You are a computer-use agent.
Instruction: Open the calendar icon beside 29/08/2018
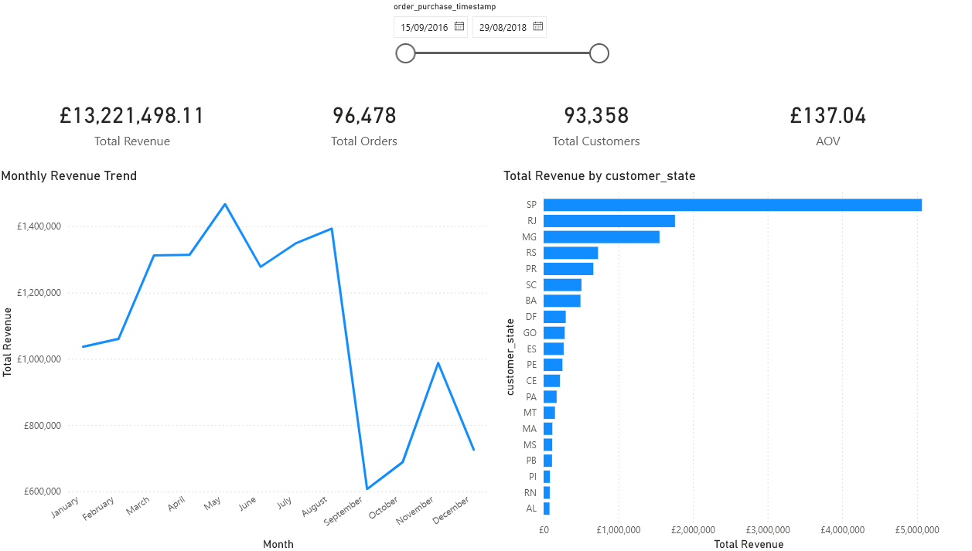pyautogui.click(x=538, y=27)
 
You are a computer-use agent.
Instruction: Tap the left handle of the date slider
pyautogui.click(x=405, y=53)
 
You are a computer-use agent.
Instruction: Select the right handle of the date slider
pyautogui.click(x=599, y=53)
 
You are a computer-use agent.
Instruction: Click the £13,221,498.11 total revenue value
pyautogui.click(x=131, y=116)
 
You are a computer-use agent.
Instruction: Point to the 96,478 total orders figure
pyautogui.click(x=364, y=116)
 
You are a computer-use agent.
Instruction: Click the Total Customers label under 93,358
pyautogui.click(x=595, y=141)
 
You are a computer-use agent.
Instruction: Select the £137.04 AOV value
pyautogui.click(x=827, y=116)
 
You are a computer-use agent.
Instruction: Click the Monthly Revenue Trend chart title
pyautogui.click(x=69, y=176)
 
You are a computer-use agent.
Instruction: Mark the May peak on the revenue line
pyautogui.click(x=225, y=204)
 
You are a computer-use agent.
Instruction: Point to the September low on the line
pyautogui.click(x=367, y=488)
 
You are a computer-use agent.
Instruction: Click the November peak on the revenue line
pyautogui.click(x=438, y=362)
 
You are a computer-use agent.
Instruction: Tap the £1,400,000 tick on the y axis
pyautogui.click(x=39, y=226)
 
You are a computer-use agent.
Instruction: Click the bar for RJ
pyautogui.click(x=609, y=221)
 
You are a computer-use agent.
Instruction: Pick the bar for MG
pyautogui.click(x=601, y=237)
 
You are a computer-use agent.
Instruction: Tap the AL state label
pyautogui.click(x=531, y=508)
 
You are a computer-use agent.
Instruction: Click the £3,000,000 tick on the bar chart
pyautogui.click(x=767, y=530)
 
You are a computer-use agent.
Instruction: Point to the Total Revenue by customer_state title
pyautogui.click(x=599, y=176)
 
